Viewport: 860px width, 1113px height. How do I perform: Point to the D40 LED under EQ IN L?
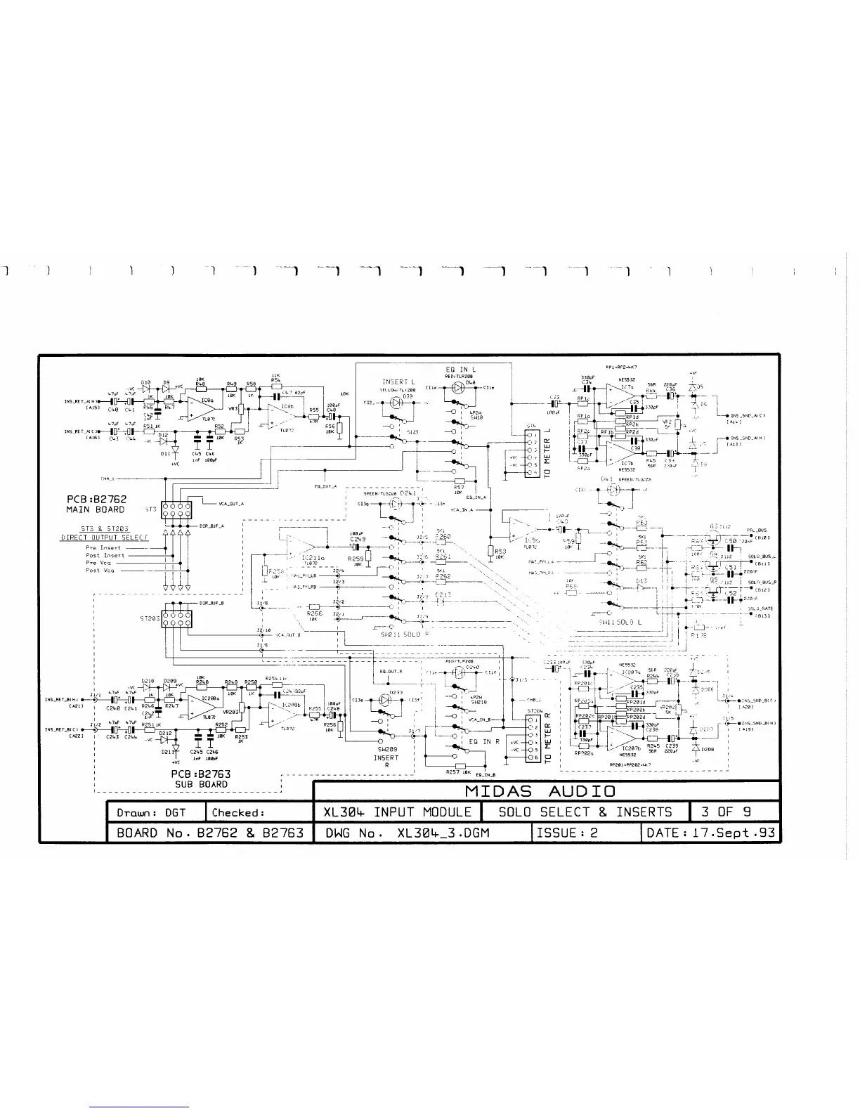coord(459,387)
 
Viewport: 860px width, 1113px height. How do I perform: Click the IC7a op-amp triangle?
coord(618,398)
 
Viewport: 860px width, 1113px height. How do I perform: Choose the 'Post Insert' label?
coord(105,555)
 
